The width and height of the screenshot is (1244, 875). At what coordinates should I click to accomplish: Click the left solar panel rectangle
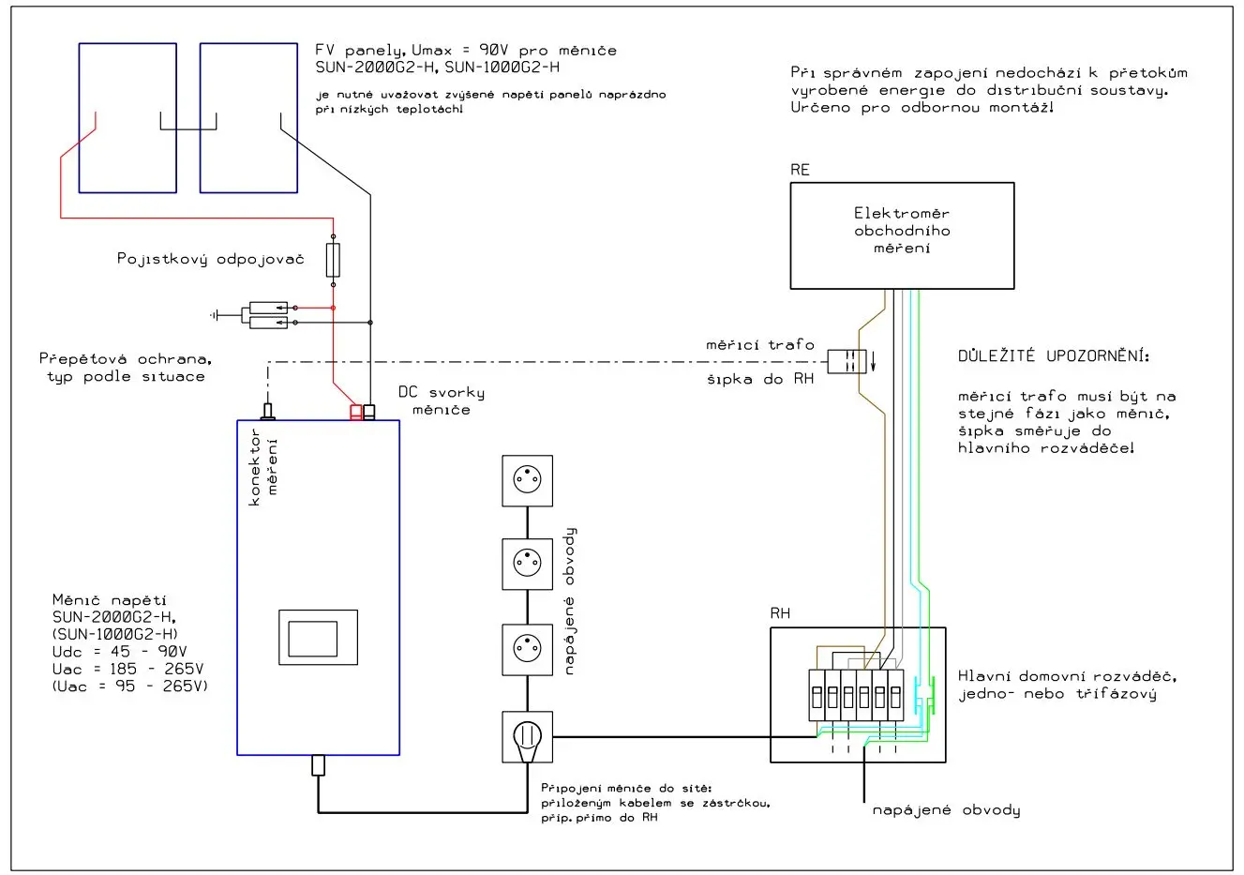pyautogui.click(x=127, y=117)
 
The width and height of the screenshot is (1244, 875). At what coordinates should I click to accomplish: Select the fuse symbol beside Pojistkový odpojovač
pyautogui.click(x=333, y=260)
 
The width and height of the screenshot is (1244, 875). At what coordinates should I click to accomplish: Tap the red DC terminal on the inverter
pyautogui.click(x=356, y=412)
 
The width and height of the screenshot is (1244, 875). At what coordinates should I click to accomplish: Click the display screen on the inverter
pyautogui.click(x=312, y=639)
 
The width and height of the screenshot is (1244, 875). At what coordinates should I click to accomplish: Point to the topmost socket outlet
pyautogui.click(x=527, y=480)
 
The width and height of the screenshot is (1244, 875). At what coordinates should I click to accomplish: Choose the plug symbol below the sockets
pyautogui.click(x=527, y=736)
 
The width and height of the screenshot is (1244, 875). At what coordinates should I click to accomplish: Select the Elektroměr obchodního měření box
pyautogui.click(x=902, y=234)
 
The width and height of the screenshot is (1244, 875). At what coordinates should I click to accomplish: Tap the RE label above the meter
pyautogui.click(x=800, y=170)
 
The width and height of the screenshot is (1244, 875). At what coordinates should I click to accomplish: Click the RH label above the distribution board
pyautogui.click(x=780, y=613)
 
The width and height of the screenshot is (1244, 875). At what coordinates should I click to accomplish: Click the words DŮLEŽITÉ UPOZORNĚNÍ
pyautogui.click(x=1053, y=356)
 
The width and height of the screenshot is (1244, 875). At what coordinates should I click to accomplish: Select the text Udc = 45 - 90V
pyautogui.click(x=119, y=652)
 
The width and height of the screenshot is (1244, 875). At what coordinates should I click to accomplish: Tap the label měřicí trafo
pyautogui.click(x=760, y=345)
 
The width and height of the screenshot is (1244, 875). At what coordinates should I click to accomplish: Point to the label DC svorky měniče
pyautogui.click(x=441, y=400)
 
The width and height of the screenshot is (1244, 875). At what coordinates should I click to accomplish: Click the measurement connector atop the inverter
pyautogui.click(x=268, y=411)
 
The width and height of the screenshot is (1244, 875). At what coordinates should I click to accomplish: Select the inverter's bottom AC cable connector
pyautogui.click(x=318, y=764)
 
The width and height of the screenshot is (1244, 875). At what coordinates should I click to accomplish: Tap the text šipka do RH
pyautogui.click(x=760, y=379)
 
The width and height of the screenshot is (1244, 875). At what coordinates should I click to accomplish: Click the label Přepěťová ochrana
pyautogui.click(x=126, y=359)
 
